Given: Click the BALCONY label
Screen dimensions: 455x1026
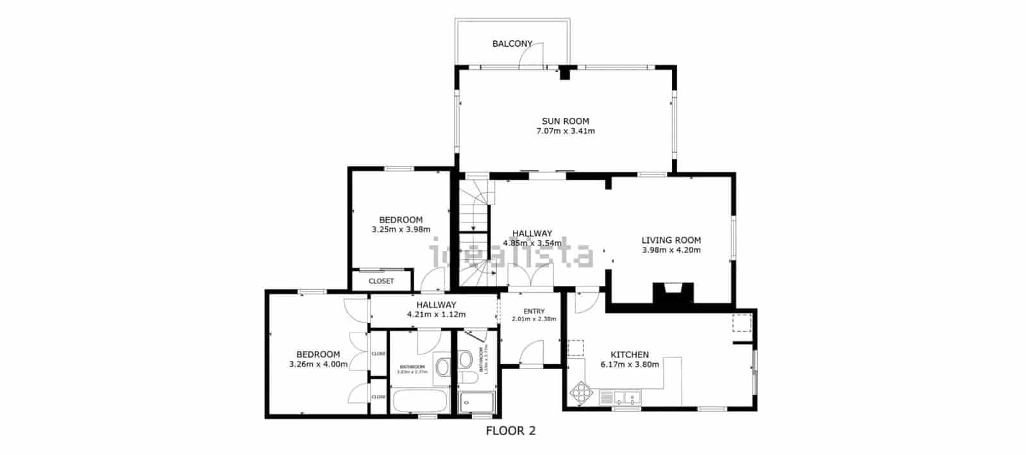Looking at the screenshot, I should tap(512, 44).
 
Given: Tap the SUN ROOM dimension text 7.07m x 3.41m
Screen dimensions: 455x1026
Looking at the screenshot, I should tap(565, 131).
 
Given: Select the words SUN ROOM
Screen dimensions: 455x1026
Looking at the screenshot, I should tap(565, 120).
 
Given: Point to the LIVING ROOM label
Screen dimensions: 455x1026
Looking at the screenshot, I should tap(671, 240).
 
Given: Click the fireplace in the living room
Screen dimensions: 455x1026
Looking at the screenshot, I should tap(673, 292).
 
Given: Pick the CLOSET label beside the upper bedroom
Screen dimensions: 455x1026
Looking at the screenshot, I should tap(381, 281).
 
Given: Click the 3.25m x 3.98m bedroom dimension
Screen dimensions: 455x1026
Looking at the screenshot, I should tap(400, 229).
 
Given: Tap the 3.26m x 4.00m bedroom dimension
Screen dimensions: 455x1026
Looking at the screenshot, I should tap(318, 365).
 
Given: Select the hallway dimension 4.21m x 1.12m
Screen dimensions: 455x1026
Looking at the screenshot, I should tap(435, 315).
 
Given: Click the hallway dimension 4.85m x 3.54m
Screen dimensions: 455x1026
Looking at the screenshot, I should tap(532, 243).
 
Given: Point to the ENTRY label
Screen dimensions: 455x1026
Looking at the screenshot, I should tap(534, 311).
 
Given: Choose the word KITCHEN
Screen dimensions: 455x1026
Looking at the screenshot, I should tap(629, 354).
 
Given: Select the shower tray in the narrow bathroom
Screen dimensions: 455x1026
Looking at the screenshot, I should tap(476, 402).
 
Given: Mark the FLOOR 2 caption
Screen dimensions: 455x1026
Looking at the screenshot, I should tap(510, 431).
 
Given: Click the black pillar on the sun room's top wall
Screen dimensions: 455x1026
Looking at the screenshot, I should tap(564, 73).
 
